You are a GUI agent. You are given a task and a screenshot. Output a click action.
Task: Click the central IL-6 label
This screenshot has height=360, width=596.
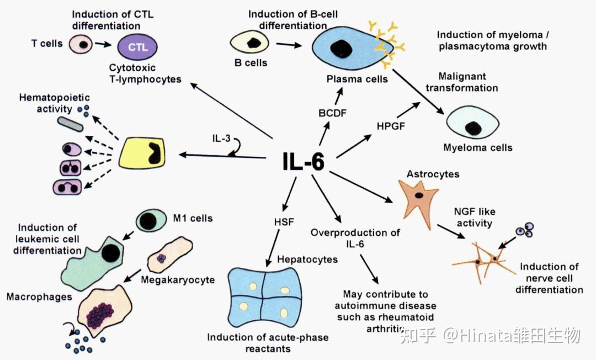click(x=304, y=162)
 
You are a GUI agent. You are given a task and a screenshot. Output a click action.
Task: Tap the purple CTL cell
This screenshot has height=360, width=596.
click(x=137, y=47)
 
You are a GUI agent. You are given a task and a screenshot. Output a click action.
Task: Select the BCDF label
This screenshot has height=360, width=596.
click(x=333, y=113)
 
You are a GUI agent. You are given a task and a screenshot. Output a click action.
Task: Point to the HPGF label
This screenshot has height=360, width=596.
click(x=391, y=126)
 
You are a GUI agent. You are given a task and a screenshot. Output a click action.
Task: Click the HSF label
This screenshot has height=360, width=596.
click(x=284, y=221)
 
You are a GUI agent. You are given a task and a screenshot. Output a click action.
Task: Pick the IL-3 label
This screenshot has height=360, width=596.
click(x=221, y=138)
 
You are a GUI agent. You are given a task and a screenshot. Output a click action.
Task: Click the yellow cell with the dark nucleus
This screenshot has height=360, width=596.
click(x=142, y=153)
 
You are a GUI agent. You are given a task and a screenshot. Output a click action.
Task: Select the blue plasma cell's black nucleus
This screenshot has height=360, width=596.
click(x=340, y=48)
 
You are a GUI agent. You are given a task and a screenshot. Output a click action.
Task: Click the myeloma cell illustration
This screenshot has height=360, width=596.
click(x=472, y=123)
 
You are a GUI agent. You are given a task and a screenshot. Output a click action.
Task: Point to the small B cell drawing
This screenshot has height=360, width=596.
click(x=249, y=42)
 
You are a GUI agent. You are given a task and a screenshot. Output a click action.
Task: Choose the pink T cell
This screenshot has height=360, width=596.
click(x=81, y=45)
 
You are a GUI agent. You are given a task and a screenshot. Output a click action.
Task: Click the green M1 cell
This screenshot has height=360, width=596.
click(x=151, y=220)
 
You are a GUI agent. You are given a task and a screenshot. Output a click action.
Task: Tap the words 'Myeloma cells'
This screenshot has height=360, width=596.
click(x=478, y=147)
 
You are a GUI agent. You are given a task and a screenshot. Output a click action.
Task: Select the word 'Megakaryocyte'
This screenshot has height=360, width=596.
click(x=178, y=280)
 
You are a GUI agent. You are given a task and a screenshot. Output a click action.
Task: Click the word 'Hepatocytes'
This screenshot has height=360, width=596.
click(x=307, y=260)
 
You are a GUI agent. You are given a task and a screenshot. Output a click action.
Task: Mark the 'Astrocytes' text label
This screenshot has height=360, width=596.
click(x=433, y=174)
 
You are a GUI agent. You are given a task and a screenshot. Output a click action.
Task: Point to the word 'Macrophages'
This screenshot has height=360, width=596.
click(x=39, y=297)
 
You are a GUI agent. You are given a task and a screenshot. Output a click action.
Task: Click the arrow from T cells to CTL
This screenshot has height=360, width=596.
click(x=103, y=45)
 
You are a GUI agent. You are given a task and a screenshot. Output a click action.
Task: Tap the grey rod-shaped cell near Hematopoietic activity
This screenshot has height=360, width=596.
click(x=70, y=124)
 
